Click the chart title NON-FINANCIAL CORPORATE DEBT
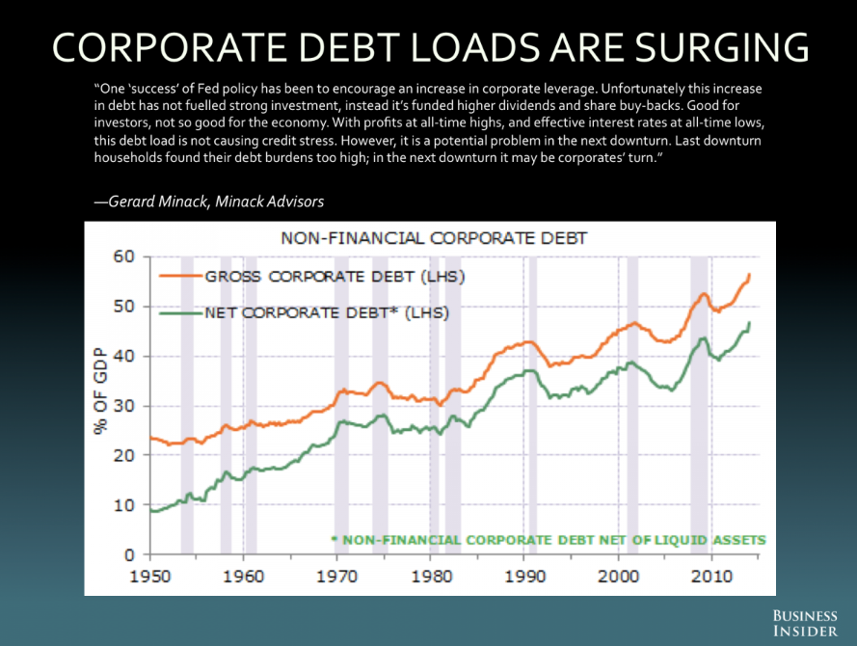coord(434,237)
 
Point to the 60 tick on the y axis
coord(121,256)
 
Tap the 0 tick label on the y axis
coord(126,554)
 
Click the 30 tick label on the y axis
coord(121,406)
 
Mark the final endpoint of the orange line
coord(749,275)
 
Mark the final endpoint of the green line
coord(749,323)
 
